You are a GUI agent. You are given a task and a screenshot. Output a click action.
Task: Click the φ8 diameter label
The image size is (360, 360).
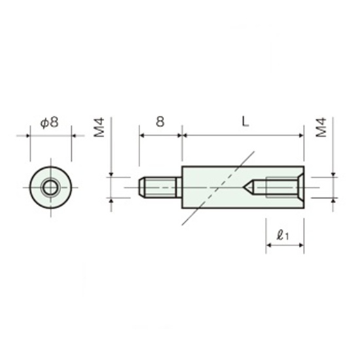point(50,122)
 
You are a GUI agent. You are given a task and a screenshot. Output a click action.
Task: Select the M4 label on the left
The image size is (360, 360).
point(99,128)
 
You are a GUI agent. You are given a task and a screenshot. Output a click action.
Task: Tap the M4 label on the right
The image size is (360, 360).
point(321,128)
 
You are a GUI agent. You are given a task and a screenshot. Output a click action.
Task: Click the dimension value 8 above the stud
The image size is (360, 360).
point(160,122)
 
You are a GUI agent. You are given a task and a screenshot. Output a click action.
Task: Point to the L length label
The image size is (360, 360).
point(245,122)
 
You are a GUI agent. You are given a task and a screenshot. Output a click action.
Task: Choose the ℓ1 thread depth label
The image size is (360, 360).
point(283,235)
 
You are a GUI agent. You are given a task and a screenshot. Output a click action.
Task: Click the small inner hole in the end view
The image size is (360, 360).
point(50,188)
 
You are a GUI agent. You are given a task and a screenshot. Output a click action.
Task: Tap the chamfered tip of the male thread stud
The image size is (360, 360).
point(141,187)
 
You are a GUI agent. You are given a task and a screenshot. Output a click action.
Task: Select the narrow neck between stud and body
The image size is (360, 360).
point(179,187)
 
